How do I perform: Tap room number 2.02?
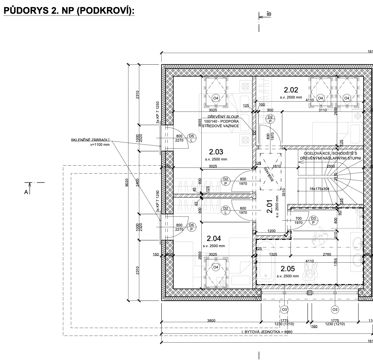pos(291,90)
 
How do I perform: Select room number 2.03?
pos(216,152)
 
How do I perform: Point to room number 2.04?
pos(214,238)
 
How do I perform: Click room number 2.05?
pos(288,268)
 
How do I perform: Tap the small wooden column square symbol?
pos(254,133)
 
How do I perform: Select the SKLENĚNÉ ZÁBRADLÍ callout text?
pos(90,140)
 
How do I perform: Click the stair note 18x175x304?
pos(320,189)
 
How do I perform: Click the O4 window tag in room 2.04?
pos(216,267)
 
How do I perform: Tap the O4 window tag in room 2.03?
pos(216,98)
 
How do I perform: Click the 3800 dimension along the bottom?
pos(211,320)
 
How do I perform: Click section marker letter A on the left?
pos(26,192)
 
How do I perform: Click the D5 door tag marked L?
pos(192,138)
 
